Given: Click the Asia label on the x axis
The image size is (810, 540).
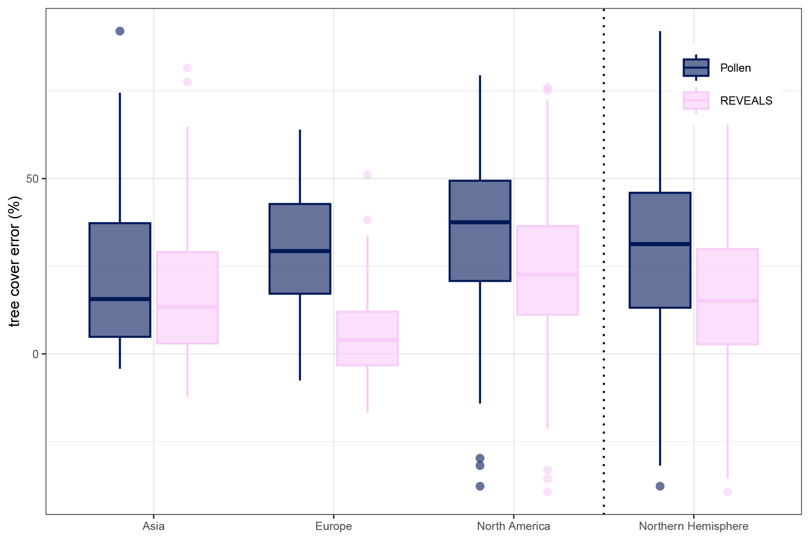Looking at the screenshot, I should (154, 526).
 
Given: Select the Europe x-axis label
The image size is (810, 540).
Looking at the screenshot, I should (334, 526).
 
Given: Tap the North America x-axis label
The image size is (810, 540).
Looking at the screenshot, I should (514, 526).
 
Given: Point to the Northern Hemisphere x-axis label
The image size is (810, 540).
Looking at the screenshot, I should (694, 526).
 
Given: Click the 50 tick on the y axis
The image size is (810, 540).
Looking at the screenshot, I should (32, 179).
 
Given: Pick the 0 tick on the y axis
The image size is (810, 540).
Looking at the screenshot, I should (36, 354).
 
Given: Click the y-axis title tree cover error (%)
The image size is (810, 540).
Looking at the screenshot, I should (15, 261).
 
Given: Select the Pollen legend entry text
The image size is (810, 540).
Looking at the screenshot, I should (736, 68).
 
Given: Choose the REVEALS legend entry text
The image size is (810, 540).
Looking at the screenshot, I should (746, 101).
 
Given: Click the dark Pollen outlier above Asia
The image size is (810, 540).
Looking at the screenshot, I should (120, 31).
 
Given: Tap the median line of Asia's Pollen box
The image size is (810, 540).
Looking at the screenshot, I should (120, 299).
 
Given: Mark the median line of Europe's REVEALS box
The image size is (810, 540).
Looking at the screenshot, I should (367, 340).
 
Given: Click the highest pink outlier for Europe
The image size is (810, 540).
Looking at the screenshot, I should (367, 175).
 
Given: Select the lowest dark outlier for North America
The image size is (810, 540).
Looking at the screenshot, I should (480, 486).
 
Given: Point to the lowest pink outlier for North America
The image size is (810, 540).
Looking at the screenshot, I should (547, 492).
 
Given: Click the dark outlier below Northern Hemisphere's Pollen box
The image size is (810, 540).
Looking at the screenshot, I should (660, 486).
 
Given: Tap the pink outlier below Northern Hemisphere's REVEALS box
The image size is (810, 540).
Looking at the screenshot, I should (727, 492).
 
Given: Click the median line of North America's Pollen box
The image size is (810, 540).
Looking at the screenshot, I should (480, 222).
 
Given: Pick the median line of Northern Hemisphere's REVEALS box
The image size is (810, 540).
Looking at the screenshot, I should (727, 301).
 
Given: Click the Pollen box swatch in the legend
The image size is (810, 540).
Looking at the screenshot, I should (696, 68).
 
